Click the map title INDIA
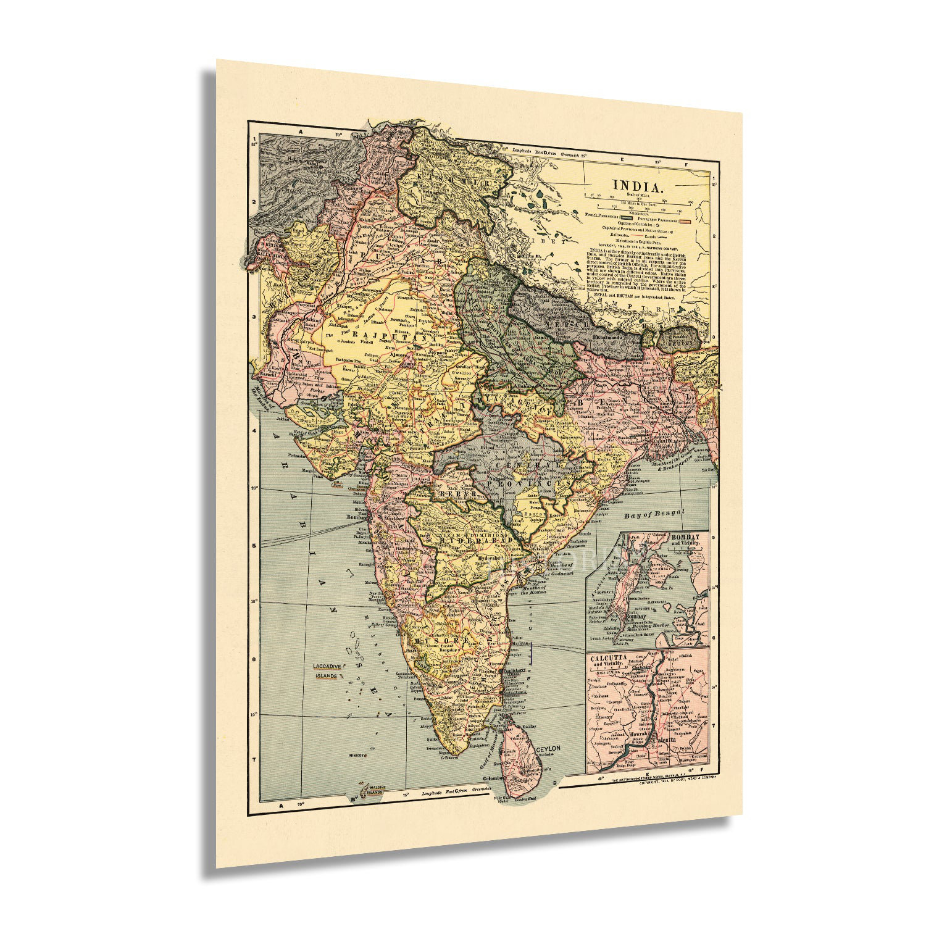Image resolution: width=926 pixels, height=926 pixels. (x=638, y=185)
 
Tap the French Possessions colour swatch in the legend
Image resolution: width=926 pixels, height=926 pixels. (x=628, y=218)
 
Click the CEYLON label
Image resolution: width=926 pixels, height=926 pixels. (x=548, y=749)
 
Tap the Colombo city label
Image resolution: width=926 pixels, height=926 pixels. (x=494, y=778)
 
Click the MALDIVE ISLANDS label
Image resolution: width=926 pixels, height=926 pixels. (x=373, y=790)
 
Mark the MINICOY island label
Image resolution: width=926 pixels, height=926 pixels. (x=358, y=754)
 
